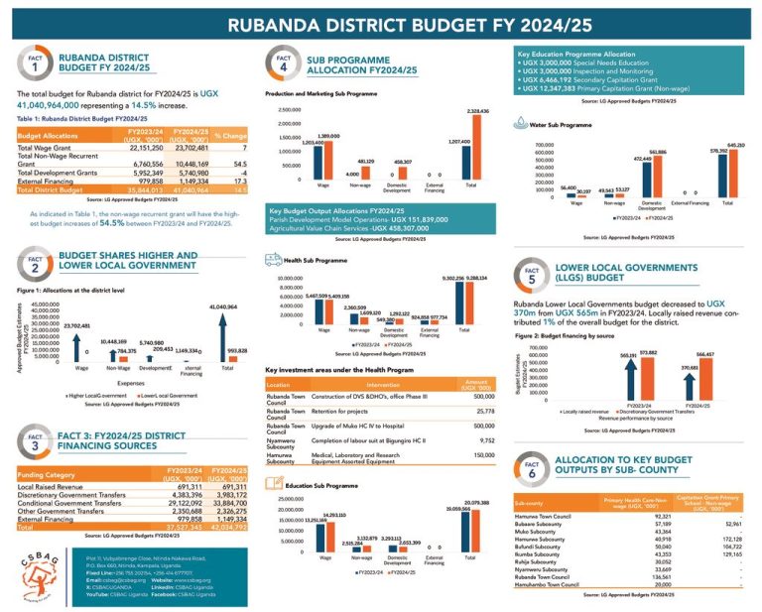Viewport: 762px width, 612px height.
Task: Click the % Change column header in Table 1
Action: (229, 134)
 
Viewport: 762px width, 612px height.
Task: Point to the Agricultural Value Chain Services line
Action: (351, 227)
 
